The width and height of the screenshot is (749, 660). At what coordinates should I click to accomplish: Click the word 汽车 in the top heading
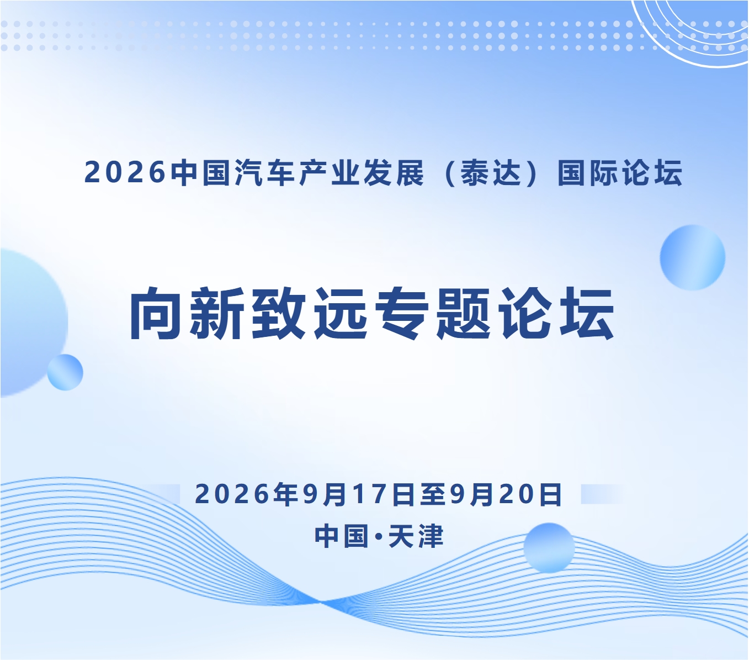coord(265,173)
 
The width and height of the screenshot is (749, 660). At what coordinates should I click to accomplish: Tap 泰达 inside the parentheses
coord(491,173)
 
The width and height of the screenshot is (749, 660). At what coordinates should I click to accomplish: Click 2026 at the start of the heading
coord(125,173)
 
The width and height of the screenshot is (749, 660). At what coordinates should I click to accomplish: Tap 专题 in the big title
coord(433,313)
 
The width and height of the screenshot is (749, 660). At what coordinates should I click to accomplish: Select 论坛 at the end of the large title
coord(556,313)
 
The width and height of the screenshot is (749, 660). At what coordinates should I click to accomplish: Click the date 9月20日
coord(506,495)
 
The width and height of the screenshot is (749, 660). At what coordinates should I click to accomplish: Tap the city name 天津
coord(416,536)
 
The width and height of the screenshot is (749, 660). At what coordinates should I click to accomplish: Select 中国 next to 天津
coord(342,536)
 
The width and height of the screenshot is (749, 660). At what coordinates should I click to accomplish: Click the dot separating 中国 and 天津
coord(378,536)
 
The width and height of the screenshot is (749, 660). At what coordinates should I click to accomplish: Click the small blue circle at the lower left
coord(65,372)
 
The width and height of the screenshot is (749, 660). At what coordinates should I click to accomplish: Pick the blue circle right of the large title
coord(693,257)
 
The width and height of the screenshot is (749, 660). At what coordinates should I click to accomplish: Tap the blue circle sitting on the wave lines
coord(549,548)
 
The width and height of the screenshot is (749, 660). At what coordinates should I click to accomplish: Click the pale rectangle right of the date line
coord(602,494)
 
